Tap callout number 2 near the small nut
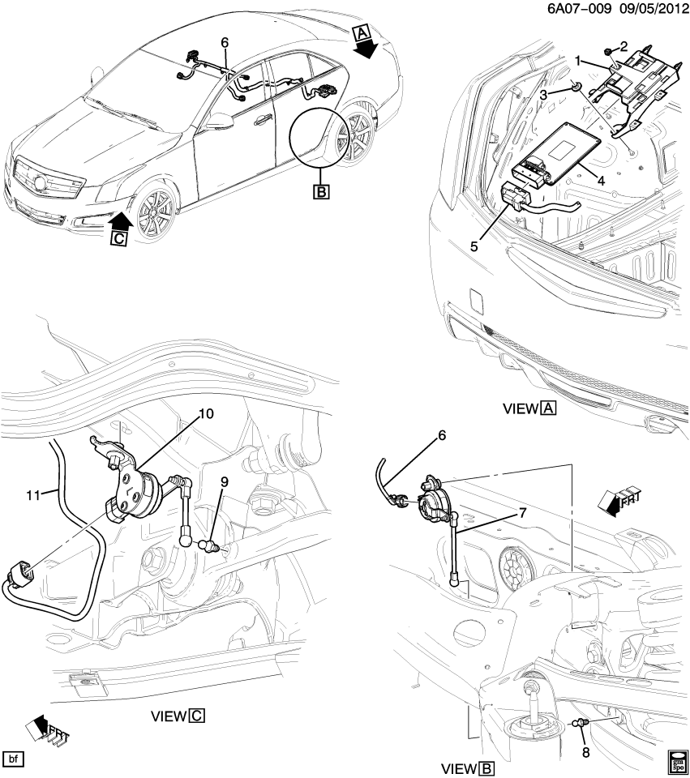tap(624, 45)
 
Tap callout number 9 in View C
tap(224, 481)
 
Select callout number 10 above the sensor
tap(206, 414)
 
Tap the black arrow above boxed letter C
tap(121, 220)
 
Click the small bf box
tap(14, 759)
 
